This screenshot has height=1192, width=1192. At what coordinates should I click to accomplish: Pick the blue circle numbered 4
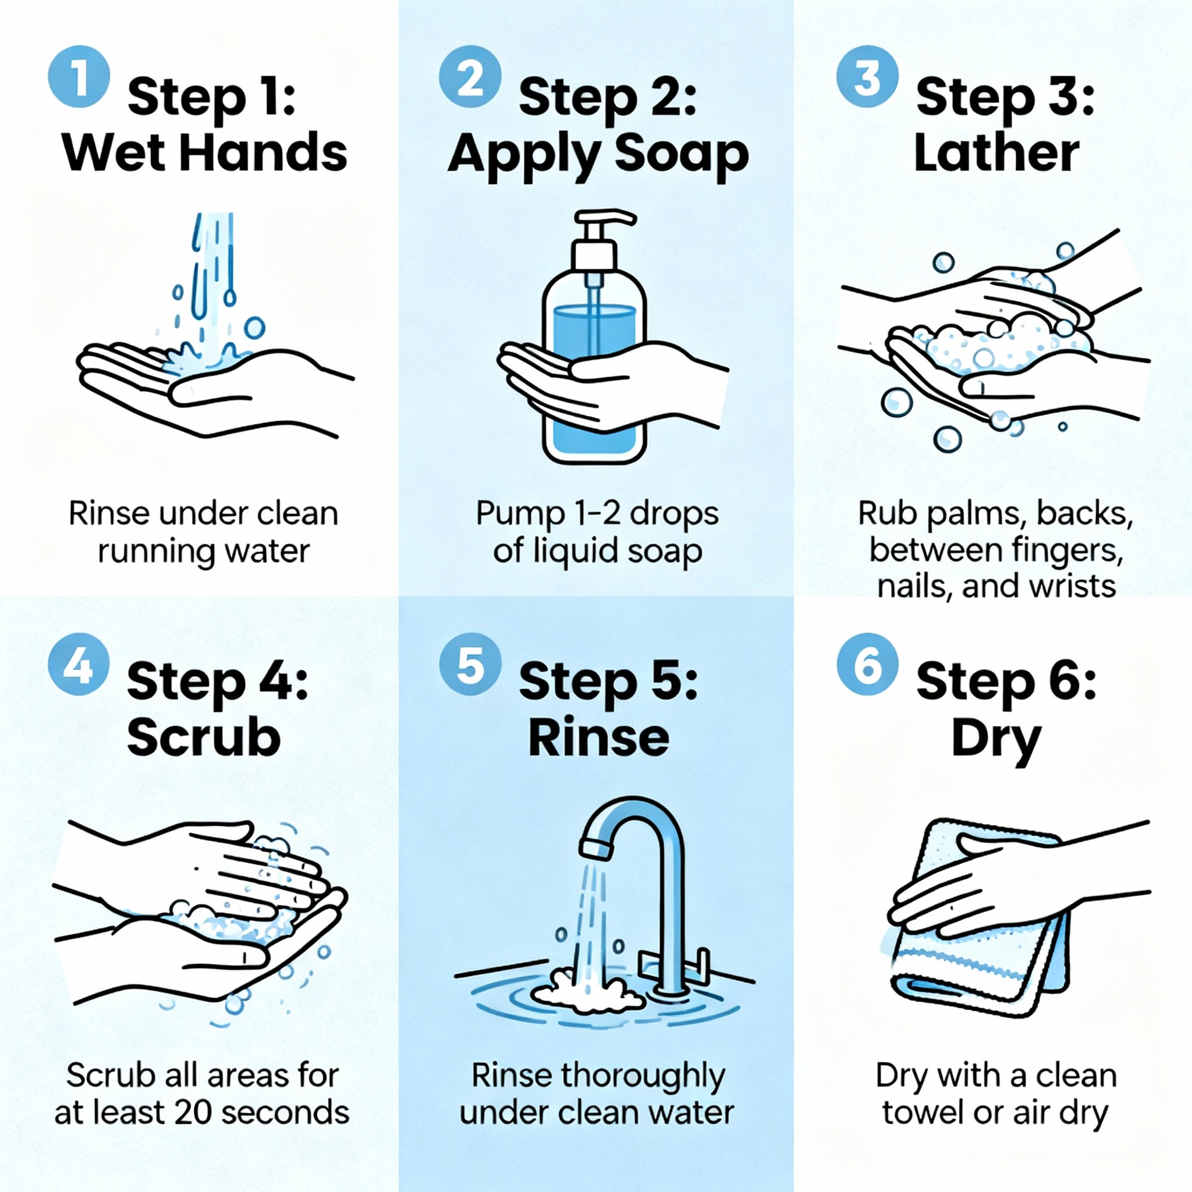tap(79, 665)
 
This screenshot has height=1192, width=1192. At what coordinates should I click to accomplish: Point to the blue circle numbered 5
tap(470, 665)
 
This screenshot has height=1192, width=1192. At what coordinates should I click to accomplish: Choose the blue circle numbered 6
tap(867, 665)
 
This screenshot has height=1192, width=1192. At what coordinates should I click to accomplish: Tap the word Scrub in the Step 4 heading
tap(204, 739)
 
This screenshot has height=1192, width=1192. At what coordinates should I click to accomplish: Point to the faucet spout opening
tap(596, 850)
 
